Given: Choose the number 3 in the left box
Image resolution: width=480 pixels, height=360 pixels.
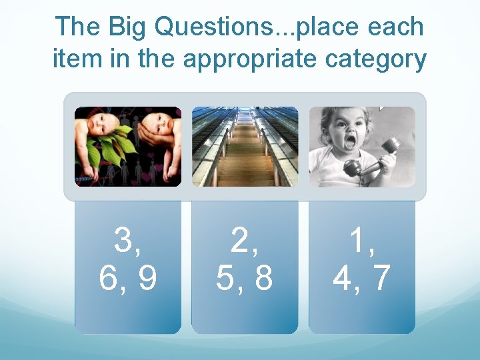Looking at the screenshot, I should [124, 241].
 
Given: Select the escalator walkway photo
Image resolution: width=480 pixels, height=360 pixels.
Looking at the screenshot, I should [245, 147].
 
